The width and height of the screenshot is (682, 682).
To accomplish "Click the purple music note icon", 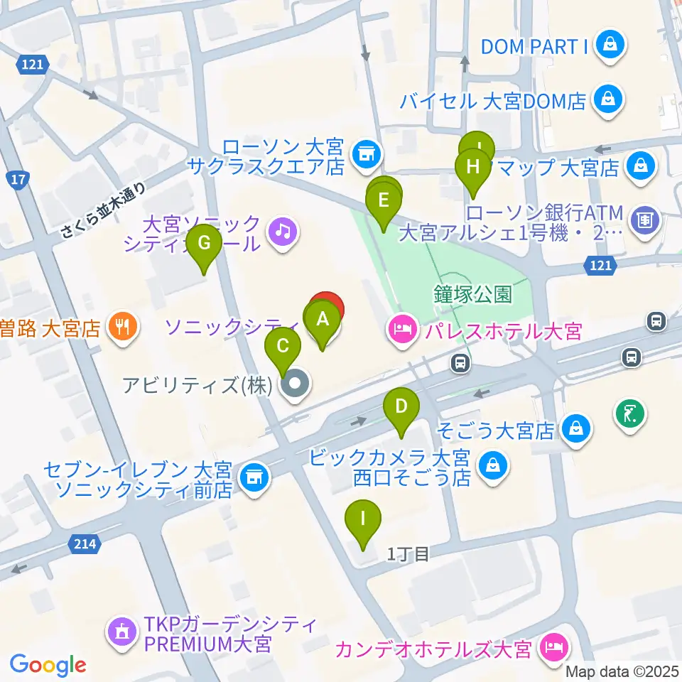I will (x=282, y=230).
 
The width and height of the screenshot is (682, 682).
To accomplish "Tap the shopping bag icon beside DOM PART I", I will (x=610, y=46).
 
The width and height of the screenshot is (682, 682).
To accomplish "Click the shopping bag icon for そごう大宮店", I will (x=574, y=429).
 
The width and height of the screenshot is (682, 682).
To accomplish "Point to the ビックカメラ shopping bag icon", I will (x=491, y=467).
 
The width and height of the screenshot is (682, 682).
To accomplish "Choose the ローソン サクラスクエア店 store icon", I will (x=367, y=151).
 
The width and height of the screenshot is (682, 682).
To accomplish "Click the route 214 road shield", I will (x=83, y=544).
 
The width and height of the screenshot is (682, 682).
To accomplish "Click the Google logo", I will (x=48, y=665).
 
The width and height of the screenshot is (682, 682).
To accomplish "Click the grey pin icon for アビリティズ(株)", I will (x=293, y=386).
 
